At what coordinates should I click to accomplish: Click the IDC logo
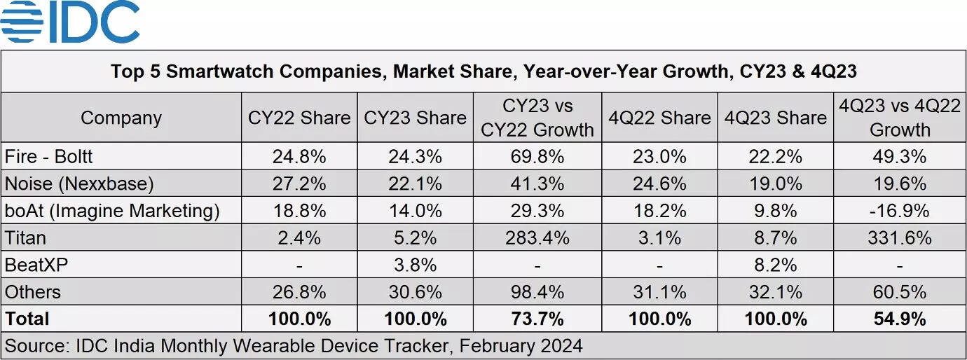coord(70,22)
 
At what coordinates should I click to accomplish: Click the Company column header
coord(121,118)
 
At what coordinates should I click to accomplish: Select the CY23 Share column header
coord(415,118)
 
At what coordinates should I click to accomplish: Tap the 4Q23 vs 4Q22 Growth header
coord(900,118)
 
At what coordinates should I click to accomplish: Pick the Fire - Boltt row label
coord(48,156)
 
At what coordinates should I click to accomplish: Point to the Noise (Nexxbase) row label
coord(78,184)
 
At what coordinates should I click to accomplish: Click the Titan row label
coord(25,238)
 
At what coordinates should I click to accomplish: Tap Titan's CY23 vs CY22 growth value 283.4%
coord(537,238)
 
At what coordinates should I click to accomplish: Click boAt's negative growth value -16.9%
coord(900,211)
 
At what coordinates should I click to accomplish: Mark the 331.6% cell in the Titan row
coord(900,238)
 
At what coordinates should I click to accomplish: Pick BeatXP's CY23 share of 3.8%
coord(415,265)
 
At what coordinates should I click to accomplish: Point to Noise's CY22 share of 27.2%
coord(299,184)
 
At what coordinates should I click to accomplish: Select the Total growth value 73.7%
coord(537,319)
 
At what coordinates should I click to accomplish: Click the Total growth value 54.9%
coord(900,319)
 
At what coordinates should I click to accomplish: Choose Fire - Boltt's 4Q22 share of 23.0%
coord(659,156)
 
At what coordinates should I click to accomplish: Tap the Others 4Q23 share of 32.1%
coord(775,292)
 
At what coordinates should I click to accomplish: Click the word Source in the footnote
coord(34,346)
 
